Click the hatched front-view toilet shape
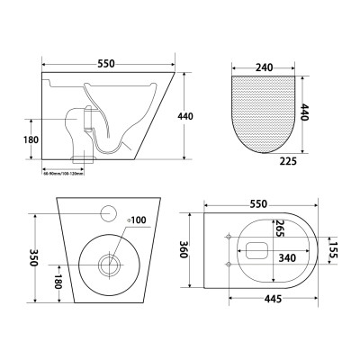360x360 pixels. (x=264, y=112)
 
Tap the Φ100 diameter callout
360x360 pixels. (x=136, y=219)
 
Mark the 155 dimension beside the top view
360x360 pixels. (x=331, y=249)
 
